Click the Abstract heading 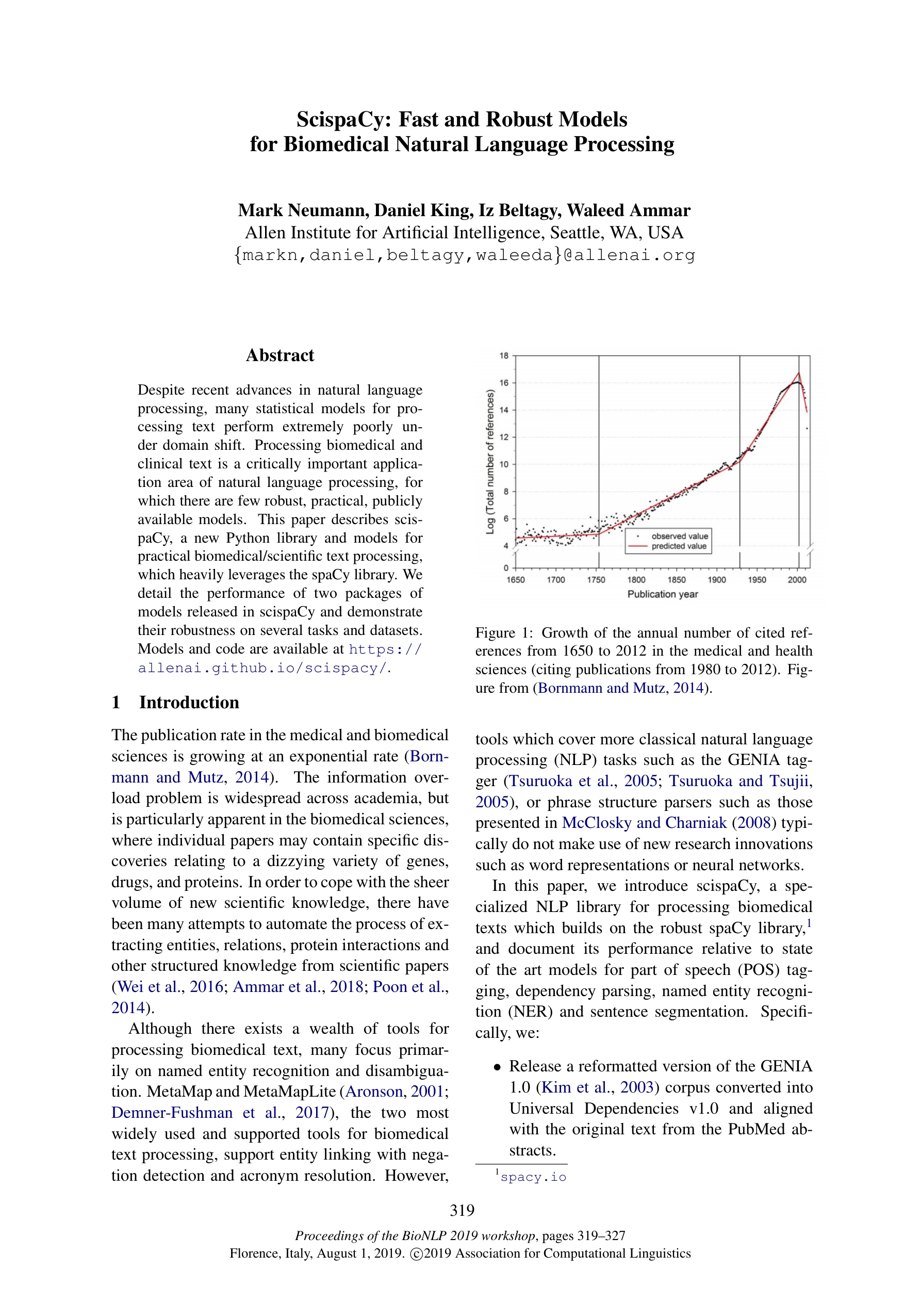click(x=280, y=356)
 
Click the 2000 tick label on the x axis click(x=797, y=579)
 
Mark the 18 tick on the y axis click(x=504, y=356)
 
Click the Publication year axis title click(x=662, y=594)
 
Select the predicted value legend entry click(x=679, y=546)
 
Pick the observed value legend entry click(x=679, y=536)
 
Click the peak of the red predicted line click(x=798, y=373)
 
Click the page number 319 click(x=462, y=1211)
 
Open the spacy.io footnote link click(x=533, y=1178)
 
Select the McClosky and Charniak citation click(x=644, y=823)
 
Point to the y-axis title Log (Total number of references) click(x=490, y=461)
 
